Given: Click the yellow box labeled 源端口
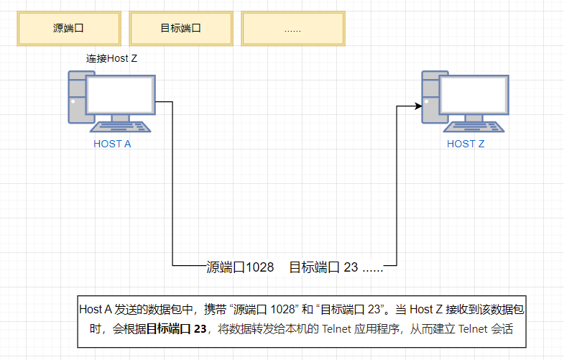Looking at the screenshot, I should [x=69, y=29].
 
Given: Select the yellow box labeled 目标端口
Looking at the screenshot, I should [x=181, y=29].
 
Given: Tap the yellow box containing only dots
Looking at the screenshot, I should [x=293, y=29].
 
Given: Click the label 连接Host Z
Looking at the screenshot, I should [x=112, y=58].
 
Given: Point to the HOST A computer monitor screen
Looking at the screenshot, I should [x=120, y=93].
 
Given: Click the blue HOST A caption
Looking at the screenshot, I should [x=112, y=144].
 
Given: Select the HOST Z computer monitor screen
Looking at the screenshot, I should [x=473, y=93].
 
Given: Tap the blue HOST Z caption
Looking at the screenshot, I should [x=466, y=144].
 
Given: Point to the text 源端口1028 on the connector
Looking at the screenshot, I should [x=240, y=267].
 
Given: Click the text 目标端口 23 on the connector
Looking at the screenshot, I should [x=323, y=267].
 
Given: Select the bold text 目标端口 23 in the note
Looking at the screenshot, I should [x=177, y=329].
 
